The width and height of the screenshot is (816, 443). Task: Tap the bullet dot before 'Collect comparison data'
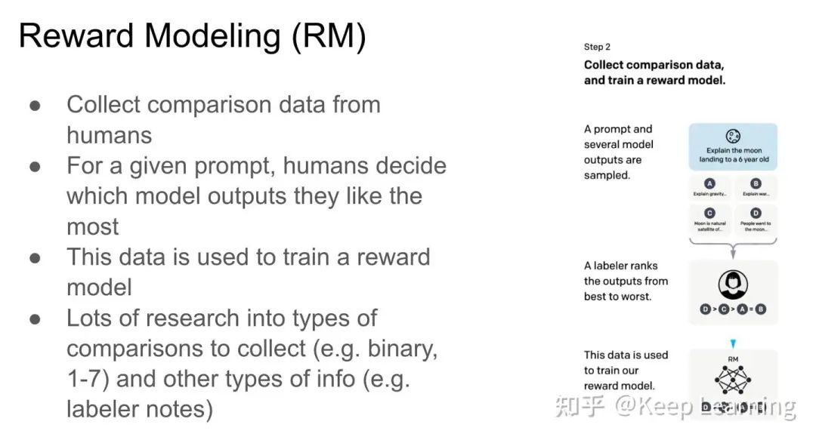point(35,106)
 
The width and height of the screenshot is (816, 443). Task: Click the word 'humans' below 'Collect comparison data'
point(109,135)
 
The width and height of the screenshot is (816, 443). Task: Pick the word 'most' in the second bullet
point(92,226)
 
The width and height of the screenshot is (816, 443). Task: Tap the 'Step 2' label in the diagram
point(597,47)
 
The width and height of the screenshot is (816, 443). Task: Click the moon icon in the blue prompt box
point(733,136)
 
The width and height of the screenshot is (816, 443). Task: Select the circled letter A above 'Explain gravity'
point(709,183)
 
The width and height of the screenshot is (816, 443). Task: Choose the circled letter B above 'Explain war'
point(756,183)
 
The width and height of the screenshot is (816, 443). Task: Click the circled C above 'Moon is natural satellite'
point(709,214)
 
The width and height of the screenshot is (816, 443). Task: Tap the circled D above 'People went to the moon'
point(756,214)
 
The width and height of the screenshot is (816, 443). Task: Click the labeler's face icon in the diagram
point(732,284)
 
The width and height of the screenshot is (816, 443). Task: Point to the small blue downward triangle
point(732,343)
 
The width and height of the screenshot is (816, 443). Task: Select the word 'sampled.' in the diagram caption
point(606,175)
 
